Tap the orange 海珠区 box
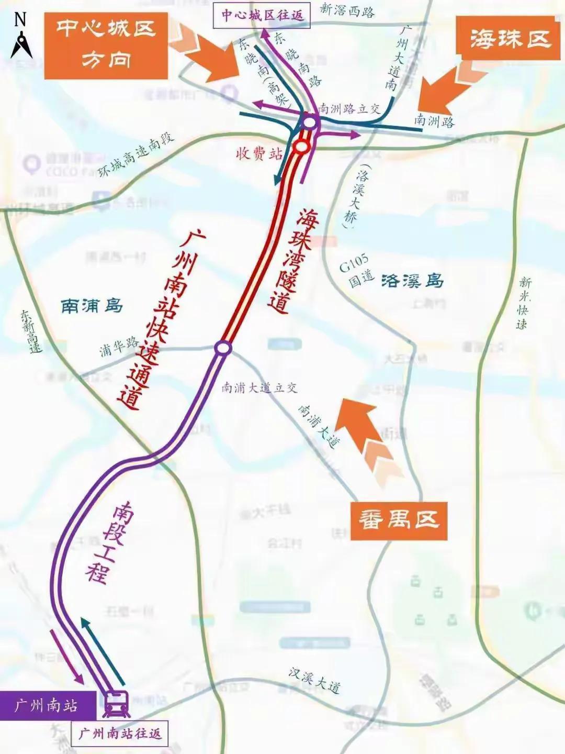[x=510, y=38]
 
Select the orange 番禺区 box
[x=399, y=520]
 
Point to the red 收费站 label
[x=259, y=153]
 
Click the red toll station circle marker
[x=301, y=147]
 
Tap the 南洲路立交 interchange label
[x=349, y=109]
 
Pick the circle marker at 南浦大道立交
[x=223, y=348]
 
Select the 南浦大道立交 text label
[x=259, y=388]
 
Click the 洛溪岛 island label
[x=412, y=281]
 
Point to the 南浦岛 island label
[x=92, y=305]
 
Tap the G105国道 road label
[x=356, y=271]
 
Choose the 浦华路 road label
[x=119, y=347]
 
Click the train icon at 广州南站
[x=116, y=704]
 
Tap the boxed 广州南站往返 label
[x=120, y=734]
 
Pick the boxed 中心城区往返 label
[x=262, y=15]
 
